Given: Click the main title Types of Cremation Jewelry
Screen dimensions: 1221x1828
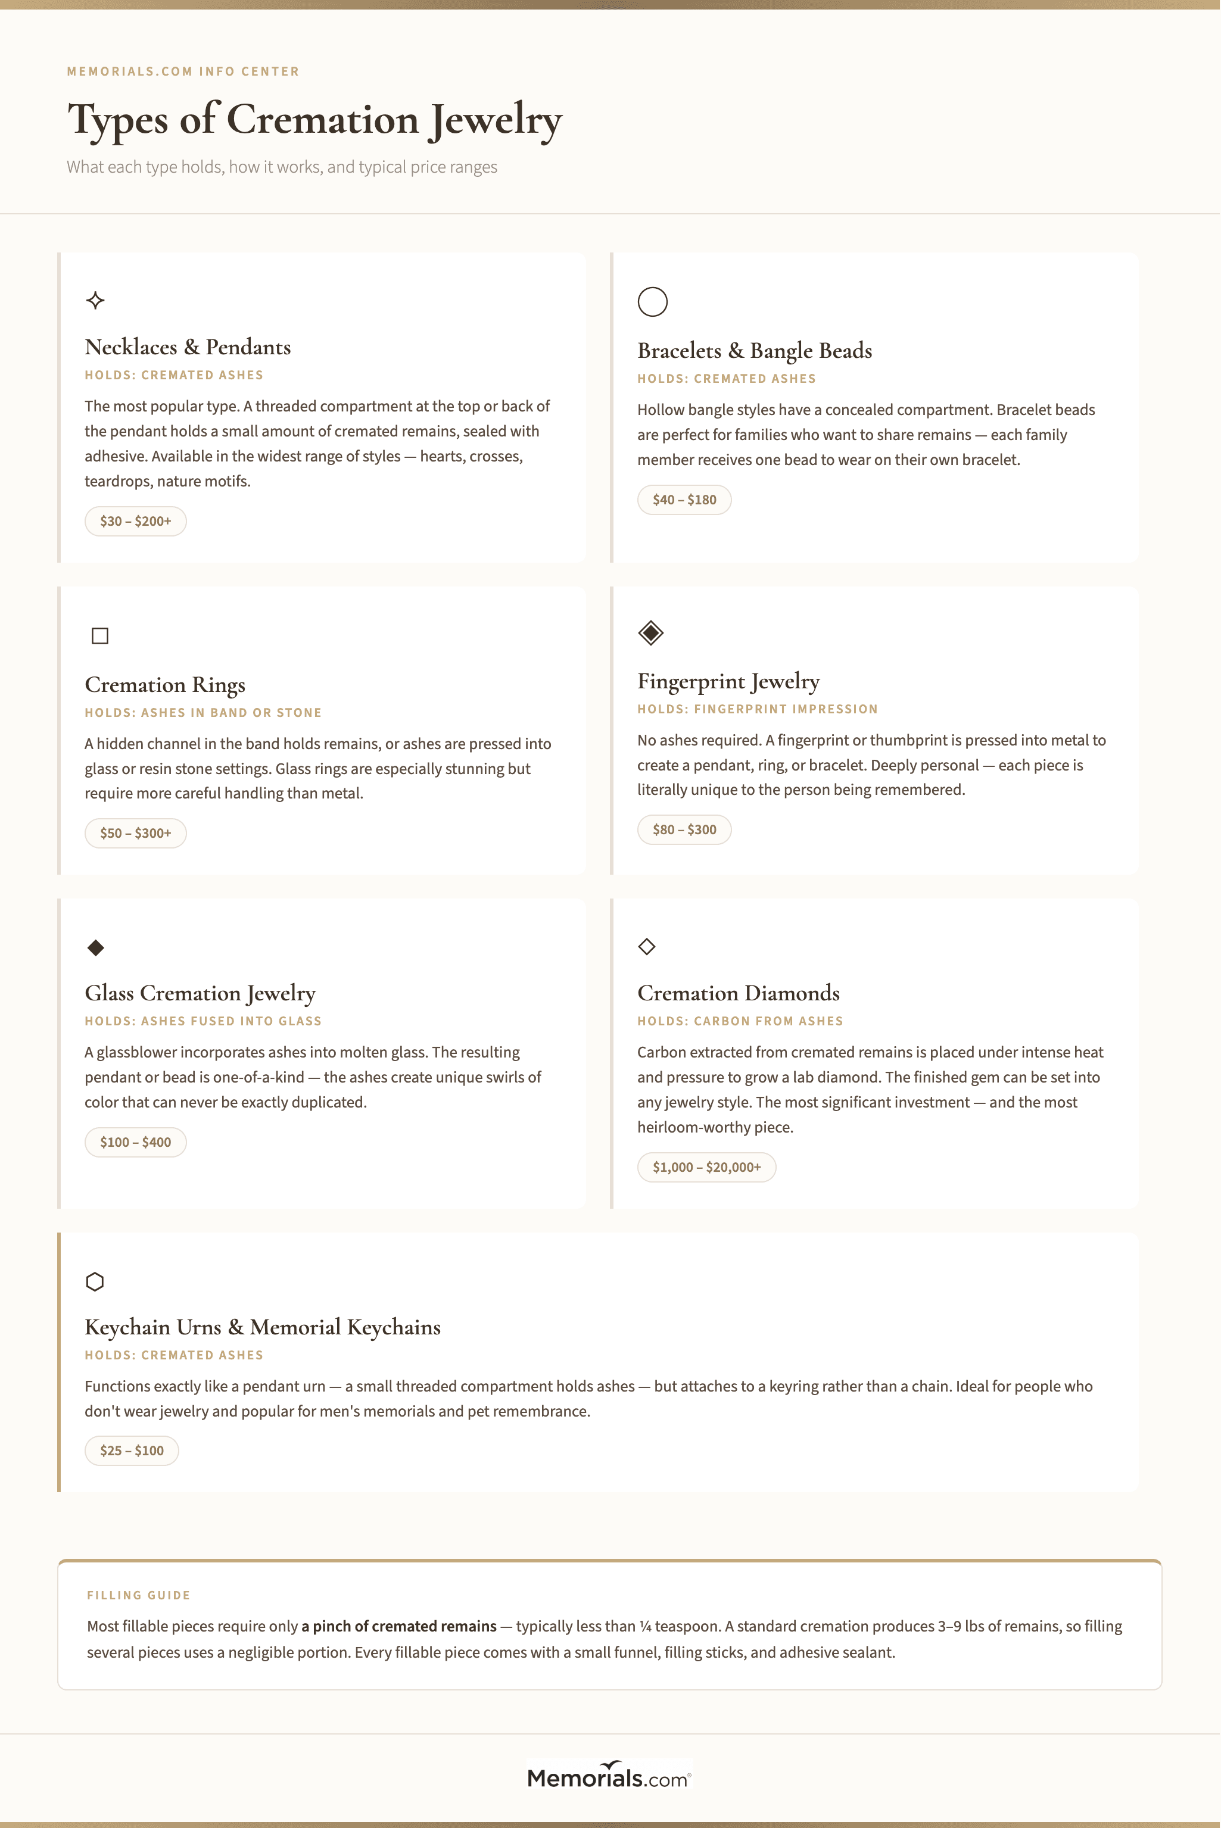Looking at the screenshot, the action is click(314, 121).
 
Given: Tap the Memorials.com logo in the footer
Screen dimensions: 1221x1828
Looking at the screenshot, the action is click(609, 1777).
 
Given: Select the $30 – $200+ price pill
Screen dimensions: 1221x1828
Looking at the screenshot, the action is click(135, 522).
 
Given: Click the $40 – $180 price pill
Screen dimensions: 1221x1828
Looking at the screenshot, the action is click(684, 500).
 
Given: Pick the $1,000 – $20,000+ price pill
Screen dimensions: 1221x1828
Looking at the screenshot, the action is click(706, 1167).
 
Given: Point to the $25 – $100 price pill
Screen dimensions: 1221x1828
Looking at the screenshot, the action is click(132, 1450).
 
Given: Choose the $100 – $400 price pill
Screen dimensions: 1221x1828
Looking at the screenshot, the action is click(135, 1142).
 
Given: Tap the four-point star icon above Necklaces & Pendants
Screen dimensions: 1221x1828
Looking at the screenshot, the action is click(96, 301).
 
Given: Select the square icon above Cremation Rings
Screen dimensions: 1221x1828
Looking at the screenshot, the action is click(99, 636).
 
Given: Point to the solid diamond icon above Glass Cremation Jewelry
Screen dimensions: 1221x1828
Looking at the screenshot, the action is click(96, 947).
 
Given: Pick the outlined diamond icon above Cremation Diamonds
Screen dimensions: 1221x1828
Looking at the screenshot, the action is click(646, 947).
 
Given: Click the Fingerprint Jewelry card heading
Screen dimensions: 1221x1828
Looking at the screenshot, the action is click(728, 681).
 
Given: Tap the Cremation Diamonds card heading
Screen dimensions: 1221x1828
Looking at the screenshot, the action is click(738, 993).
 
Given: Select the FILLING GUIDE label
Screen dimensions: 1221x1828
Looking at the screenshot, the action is click(139, 1595).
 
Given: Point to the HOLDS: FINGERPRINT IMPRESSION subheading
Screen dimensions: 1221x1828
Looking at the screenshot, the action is click(757, 709).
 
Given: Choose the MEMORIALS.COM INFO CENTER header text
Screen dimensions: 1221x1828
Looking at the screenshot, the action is click(183, 71).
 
